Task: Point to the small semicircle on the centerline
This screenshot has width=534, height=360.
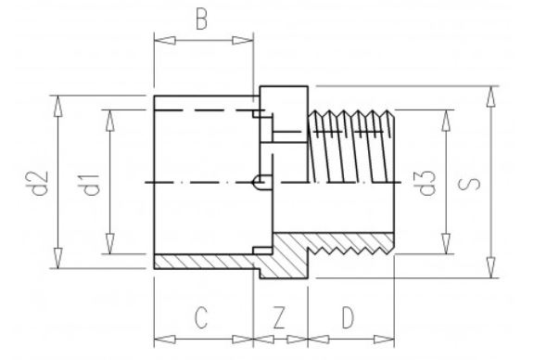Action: click(261, 180)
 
